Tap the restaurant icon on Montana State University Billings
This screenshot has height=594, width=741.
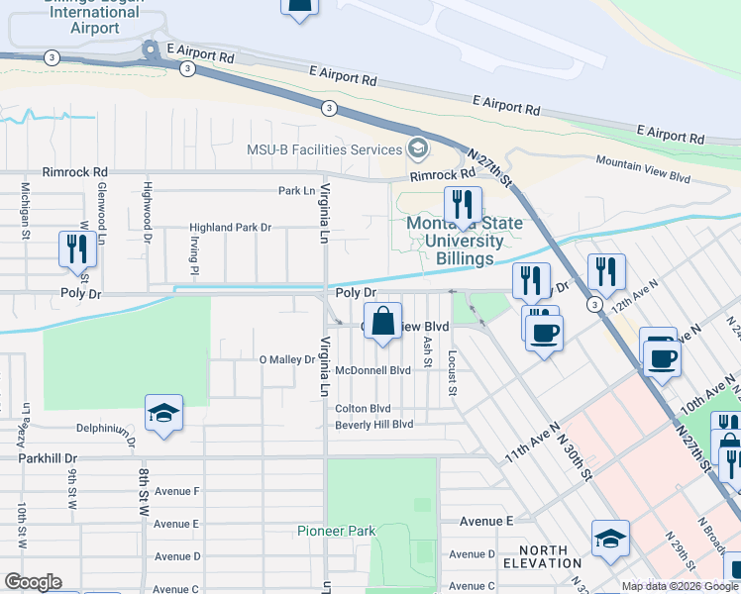point(463,206)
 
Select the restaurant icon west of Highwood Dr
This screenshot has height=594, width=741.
point(77,248)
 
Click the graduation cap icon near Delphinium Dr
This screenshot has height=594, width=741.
point(163,414)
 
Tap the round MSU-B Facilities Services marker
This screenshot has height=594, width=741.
point(418,149)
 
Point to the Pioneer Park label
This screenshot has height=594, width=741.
point(337,531)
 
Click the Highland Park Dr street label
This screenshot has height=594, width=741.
point(231,228)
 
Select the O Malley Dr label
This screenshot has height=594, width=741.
point(286,359)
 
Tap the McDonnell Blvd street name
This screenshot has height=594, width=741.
point(372,370)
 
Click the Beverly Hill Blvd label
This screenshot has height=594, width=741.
point(373,425)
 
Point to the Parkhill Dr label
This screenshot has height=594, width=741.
point(47,458)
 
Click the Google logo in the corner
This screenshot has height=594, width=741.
point(33,582)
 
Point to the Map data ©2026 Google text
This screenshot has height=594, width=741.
point(680,586)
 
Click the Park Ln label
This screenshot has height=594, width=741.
point(296,190)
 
